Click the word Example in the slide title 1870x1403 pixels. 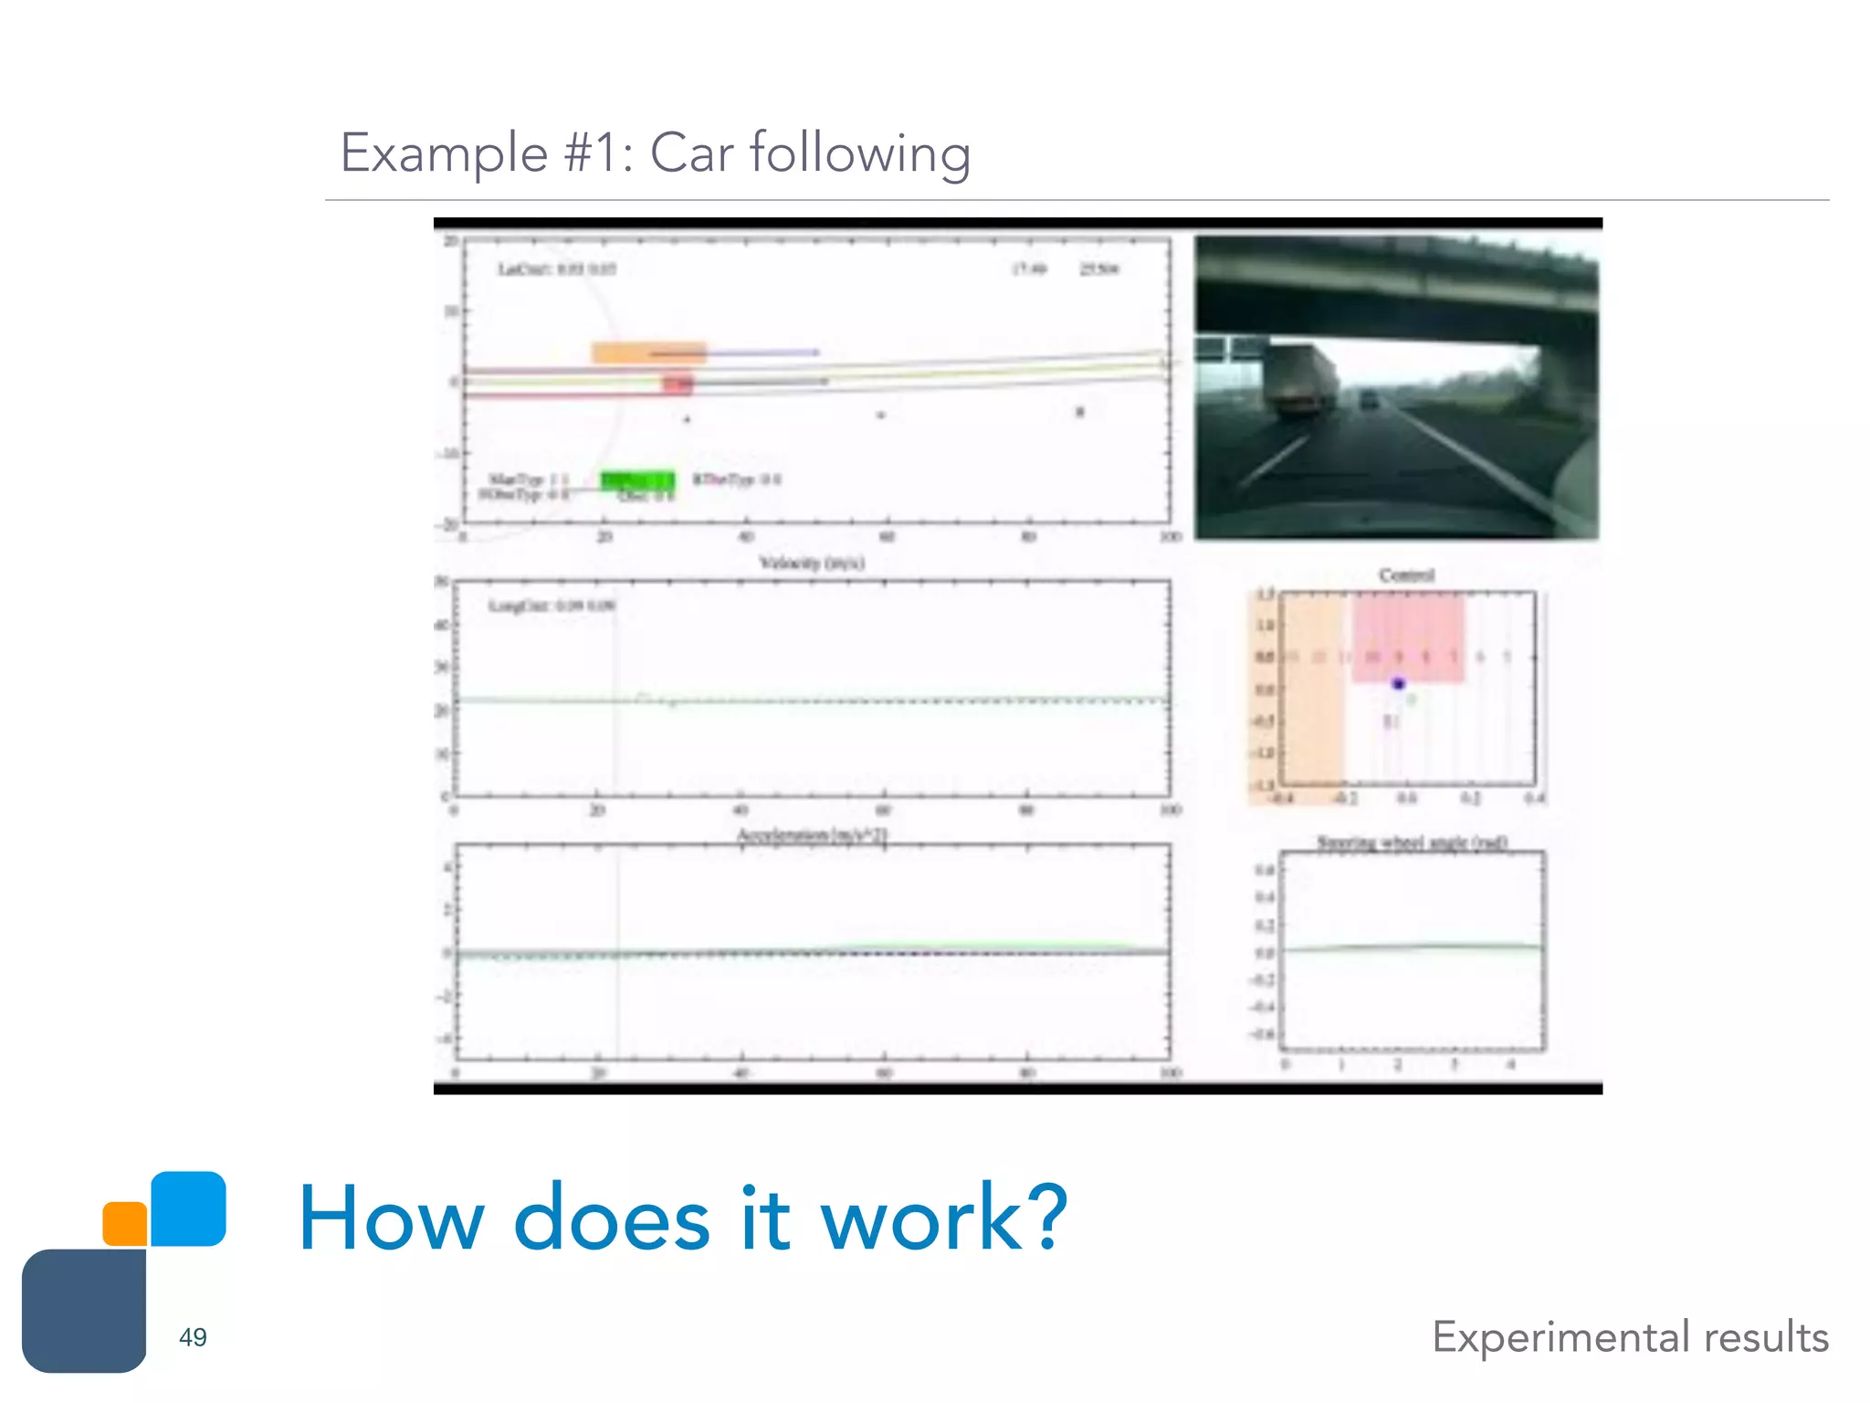tap(443, 153)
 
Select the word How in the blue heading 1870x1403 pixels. tap(392, 1218)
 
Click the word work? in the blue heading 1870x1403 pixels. tap(943, 1218)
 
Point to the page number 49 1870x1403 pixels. tap(193, 1337)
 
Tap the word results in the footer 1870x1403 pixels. tap(1766, 1337)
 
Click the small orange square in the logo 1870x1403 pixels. tap(125, 1223)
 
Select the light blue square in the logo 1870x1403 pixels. tap(188, 1208)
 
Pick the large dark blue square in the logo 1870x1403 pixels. tap(84, 1311)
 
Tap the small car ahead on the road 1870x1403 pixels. tap(1368, 399)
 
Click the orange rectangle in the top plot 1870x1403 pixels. tap(648, 353)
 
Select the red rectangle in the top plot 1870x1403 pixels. tap(678, 384)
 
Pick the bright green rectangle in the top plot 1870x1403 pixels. tap(637, 480)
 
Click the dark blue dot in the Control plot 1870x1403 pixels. tap(1398, 683)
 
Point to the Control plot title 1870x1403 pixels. tap(1406, 575)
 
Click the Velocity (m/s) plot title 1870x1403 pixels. tap(812, 563)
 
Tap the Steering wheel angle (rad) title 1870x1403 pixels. tap(1412, 842)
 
